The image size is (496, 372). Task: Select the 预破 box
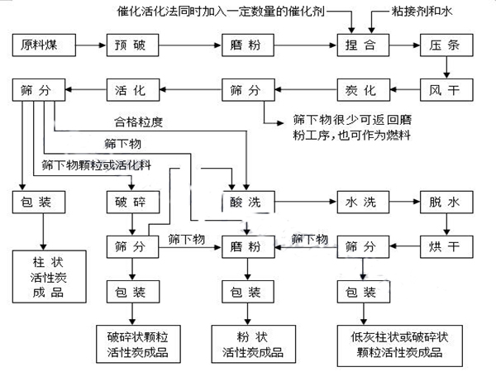[x=131, y=44]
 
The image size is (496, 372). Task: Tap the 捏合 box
[x=362, y=44]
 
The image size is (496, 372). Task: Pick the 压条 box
[x=447, y=44]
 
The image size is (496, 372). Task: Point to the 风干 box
[x=447, y=88]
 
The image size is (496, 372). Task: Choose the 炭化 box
[x=362, y=88]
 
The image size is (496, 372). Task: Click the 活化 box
[x=131, y=88]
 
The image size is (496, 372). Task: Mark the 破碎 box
[x=131, y=202]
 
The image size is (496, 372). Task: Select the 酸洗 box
[x=246, y=202]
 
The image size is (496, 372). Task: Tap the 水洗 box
[x=362, y=202]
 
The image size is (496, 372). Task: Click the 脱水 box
[x=447, y=202]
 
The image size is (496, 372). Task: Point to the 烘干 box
[x=447, y=246]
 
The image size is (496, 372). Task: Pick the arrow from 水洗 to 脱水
[x=405, y=202]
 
